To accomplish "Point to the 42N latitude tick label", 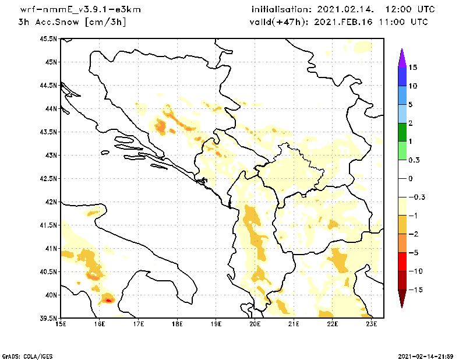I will (51, 202).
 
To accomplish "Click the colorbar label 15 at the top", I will (413, 68).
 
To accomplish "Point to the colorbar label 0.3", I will (414, 160).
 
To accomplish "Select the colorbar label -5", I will (412, 252).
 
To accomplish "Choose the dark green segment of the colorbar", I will (402, 132).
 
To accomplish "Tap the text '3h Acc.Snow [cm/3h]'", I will (72, 22).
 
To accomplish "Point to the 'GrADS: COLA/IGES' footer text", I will (25, 355).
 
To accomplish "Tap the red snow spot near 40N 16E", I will (108, 300).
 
